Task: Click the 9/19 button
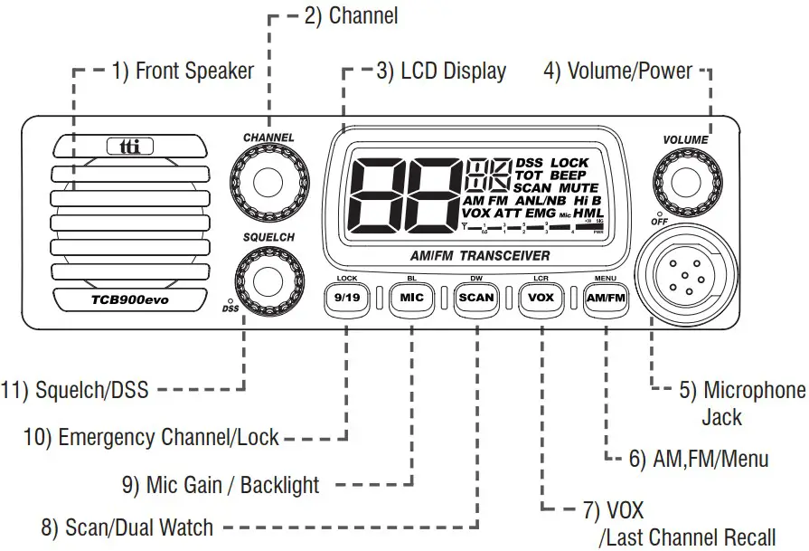click(x=348, y=297)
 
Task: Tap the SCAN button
click(x=475, y=297)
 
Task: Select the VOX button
click(x=541, y=297)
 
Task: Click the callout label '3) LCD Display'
click(x=441, y=71)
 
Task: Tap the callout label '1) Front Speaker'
click(x=183, y=71)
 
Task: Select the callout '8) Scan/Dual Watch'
click(x=127, y=527)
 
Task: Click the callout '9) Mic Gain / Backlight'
click(x=220, y=485)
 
